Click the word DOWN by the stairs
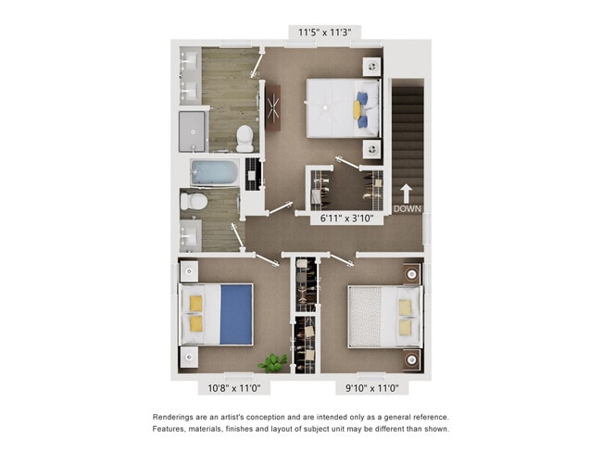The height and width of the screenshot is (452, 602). click(407, 208)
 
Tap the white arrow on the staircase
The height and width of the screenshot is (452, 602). click(406, 193)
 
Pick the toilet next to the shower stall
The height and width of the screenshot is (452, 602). click(245, 138)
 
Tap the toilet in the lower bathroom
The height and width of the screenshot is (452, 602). click(195, 201)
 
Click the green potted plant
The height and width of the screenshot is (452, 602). click(273, 362)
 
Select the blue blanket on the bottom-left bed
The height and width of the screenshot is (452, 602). click(236, 314)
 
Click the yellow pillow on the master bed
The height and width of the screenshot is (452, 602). click(357, 109)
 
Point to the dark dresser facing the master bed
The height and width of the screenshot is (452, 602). click(273, 107)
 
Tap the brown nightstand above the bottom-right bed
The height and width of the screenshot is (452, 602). click(411, 274)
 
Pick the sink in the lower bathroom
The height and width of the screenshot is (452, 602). click(190, 234)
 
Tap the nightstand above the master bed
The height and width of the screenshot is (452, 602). click(371, 67)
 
